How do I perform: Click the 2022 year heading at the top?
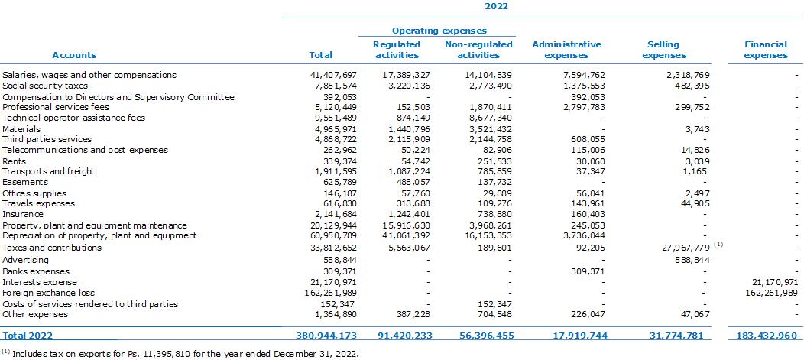pos(496,7)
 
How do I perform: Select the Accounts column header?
pos(74,55)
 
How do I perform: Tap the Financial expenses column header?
pos(766,50)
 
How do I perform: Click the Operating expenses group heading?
pos(439,31)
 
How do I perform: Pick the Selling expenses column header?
pos(663,50)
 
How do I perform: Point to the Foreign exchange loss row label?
pos(49,293)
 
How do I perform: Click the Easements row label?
pos(25,182)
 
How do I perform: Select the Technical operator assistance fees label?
pos(74,118)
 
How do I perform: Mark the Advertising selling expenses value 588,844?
pos(691,260)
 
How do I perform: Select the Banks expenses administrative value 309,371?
pos(587,271)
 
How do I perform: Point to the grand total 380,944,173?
pos(326,336)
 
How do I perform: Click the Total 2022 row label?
pos(28,336)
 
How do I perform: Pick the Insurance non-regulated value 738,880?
pos(493,214)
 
